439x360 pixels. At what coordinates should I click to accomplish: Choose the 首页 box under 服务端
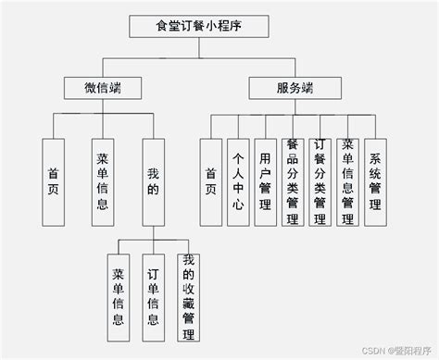click(212, 182)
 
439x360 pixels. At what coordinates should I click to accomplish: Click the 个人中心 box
click(239, 182)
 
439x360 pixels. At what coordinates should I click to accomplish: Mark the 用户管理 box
click(266, 182)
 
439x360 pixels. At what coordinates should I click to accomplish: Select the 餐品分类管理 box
click(293, 182)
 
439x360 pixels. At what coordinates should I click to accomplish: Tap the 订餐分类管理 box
click(320, 182)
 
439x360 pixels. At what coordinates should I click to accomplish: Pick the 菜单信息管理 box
click(347, 182)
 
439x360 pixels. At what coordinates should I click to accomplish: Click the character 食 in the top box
click(163, 25)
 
